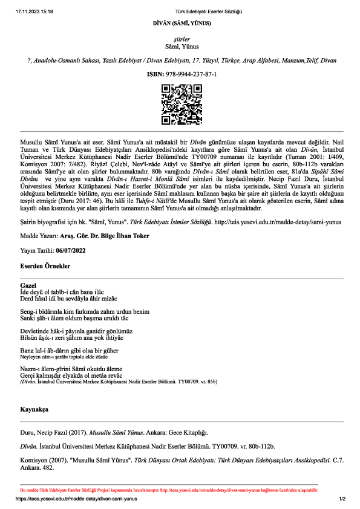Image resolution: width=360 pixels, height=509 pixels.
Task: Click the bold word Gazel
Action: (x=28, y=285)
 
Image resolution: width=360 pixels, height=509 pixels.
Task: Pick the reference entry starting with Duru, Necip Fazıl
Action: (x=114, y=433)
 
